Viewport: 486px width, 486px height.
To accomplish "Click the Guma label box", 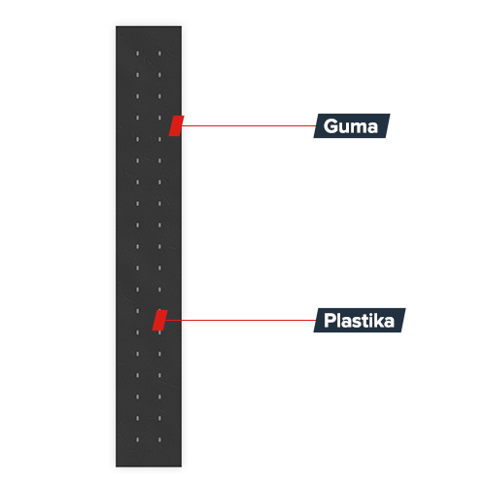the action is pos(352,125).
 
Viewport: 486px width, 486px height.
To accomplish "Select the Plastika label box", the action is pos(360,320).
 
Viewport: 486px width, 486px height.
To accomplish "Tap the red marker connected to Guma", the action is pos(176,125).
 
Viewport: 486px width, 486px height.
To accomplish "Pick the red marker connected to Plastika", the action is pos(160,320).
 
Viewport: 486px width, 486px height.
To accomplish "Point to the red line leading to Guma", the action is pos(249,125).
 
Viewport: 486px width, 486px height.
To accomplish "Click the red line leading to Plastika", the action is pos(241,320).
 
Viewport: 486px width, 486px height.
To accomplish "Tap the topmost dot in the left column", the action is pos(137,53).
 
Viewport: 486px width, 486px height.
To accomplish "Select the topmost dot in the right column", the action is pos(159,53).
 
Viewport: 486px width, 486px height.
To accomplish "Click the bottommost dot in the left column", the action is pos(137,439).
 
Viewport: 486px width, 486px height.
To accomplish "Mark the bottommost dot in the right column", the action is pos(159,439).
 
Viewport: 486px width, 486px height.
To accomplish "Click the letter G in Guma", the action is pos(330,125).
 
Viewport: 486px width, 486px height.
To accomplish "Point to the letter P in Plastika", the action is pos(330,320).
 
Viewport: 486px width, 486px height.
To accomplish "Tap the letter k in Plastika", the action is pos(378,320).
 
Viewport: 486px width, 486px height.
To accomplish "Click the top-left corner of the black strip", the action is pos(116,26).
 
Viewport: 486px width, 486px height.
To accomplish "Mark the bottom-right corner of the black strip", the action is pos(182,467).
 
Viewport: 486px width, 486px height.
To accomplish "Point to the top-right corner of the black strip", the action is pos(182,26).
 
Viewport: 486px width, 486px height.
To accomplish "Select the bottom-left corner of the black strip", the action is pos(116,467).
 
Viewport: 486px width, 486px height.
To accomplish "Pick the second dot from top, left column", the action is pos(137,75).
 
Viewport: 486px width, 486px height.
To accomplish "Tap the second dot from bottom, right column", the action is pos(159,418).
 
